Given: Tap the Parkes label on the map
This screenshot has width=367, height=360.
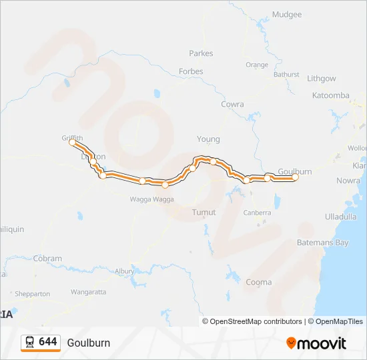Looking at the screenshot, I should point(201,53).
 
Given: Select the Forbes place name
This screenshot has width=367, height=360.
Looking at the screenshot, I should point(191,71).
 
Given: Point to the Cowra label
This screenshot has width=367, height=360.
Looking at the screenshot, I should point(232,105).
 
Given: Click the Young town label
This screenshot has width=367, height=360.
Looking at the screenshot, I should point(208,139).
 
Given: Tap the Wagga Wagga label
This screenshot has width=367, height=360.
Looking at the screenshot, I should point(151,199).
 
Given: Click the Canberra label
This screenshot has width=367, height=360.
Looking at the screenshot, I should point(257,213).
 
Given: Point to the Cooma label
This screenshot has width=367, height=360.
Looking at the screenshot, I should point(258,282).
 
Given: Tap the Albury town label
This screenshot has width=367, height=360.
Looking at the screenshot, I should point(124,271).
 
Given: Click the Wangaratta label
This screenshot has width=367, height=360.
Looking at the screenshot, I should point(88,292).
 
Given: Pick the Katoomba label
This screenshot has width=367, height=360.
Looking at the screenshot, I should point(330,95).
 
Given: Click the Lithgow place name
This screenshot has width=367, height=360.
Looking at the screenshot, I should point(321,79).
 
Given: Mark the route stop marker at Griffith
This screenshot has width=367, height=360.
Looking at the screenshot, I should point(72,142).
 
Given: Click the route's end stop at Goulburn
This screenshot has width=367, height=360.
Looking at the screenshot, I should point(296,177).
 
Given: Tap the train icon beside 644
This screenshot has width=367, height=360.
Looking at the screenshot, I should point(29,342).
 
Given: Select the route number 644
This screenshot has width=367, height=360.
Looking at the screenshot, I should point(48,342).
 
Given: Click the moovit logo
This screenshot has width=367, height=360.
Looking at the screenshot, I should point(316,343).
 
